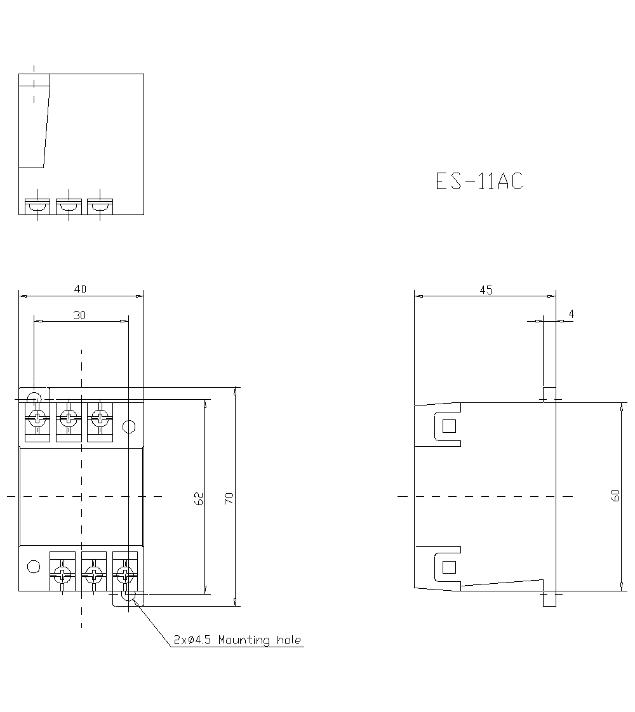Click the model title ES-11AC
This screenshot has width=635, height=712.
[x=479, y=181]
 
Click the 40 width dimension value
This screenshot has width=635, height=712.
[x=80, y=289]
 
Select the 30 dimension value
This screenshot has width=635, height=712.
[x=80, y=315]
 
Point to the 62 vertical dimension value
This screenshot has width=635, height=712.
[x=199, y=498]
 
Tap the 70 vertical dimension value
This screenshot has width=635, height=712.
[x=229, y=498]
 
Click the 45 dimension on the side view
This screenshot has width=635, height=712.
[x=486, y=289]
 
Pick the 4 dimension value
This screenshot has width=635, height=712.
[x=571, y=314]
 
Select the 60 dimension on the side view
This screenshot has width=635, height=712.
[x=615, y=496]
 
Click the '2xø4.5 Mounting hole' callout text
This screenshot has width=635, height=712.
[x=237, y=640]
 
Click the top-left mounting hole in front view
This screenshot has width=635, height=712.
[x=34, y=398]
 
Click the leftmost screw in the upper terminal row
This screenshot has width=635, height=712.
[x=37, y=418]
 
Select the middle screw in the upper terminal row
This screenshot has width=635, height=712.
[x=69, y=418]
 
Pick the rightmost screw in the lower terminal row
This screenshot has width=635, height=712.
[x=125, y=576]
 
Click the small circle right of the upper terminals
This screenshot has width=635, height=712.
[x=129, y=426]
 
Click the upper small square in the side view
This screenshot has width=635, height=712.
[x=449, y=426]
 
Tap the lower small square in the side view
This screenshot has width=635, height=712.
[x=449, y=567]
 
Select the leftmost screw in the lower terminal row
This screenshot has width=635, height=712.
[x=62, y=576]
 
